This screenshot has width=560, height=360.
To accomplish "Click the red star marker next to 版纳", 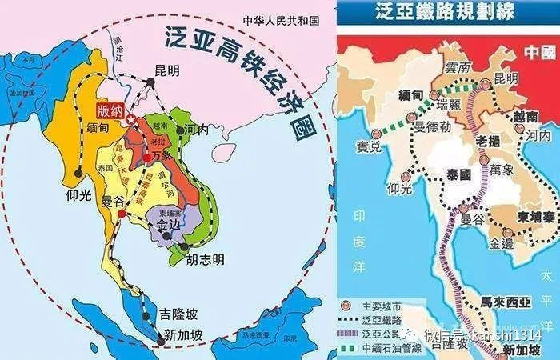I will click(130, 119).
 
